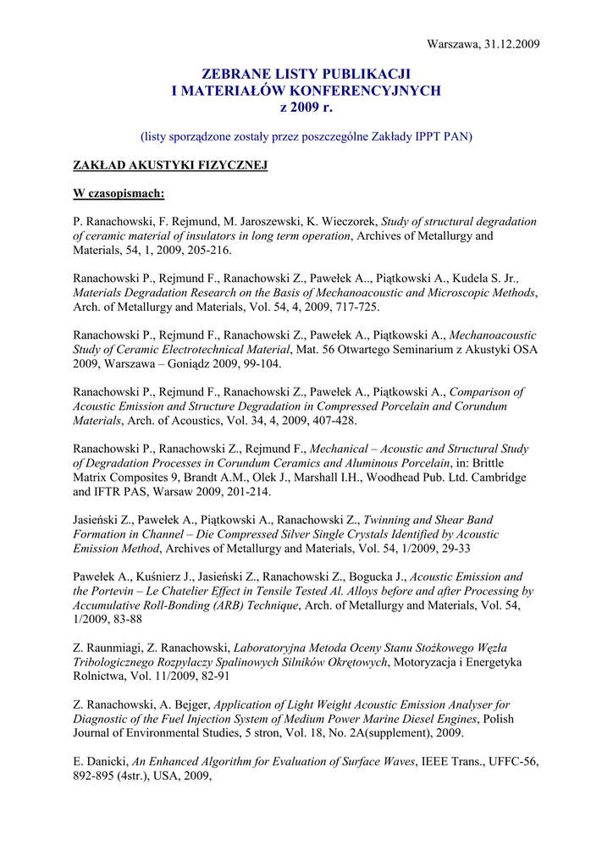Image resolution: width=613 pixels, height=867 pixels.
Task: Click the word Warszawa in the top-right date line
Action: coord(453,43)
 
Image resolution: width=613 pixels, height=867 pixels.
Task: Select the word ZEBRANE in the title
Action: coord(236,75)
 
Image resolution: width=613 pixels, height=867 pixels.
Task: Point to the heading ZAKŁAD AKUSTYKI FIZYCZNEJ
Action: coord(170,165)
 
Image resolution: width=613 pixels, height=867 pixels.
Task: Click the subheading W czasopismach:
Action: coord(119,194)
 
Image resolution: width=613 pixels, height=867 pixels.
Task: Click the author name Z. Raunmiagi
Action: coord(109,648)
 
